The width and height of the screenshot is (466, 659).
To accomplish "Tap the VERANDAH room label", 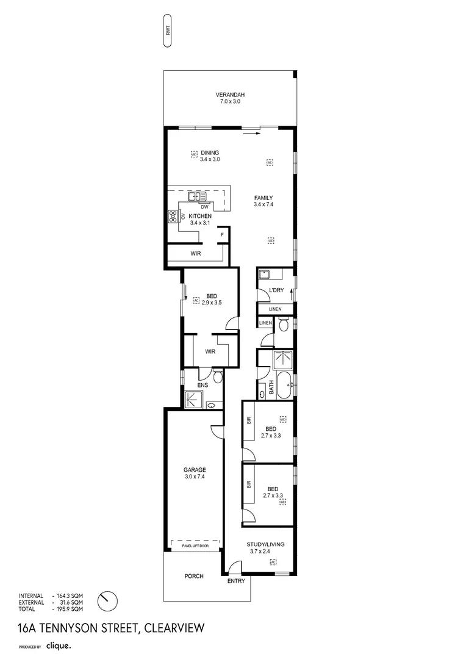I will tap(230, 95).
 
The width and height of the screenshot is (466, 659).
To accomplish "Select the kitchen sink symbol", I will tap(196, 196).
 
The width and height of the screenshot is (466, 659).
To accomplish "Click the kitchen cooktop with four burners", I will tap(173, 216).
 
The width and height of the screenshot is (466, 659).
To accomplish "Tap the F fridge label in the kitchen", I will tap(222, 235).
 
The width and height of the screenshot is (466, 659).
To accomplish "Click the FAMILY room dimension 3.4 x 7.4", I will tap(263, 204).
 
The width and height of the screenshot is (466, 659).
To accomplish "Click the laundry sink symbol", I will tap(265, 274).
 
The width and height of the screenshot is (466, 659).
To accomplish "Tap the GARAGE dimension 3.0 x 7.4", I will tap(195, 477).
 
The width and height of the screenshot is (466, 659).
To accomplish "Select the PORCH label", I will tap(193, 576).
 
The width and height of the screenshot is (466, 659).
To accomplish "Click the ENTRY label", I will tap(236, 581).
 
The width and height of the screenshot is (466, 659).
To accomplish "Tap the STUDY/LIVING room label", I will tap(265, 544).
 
